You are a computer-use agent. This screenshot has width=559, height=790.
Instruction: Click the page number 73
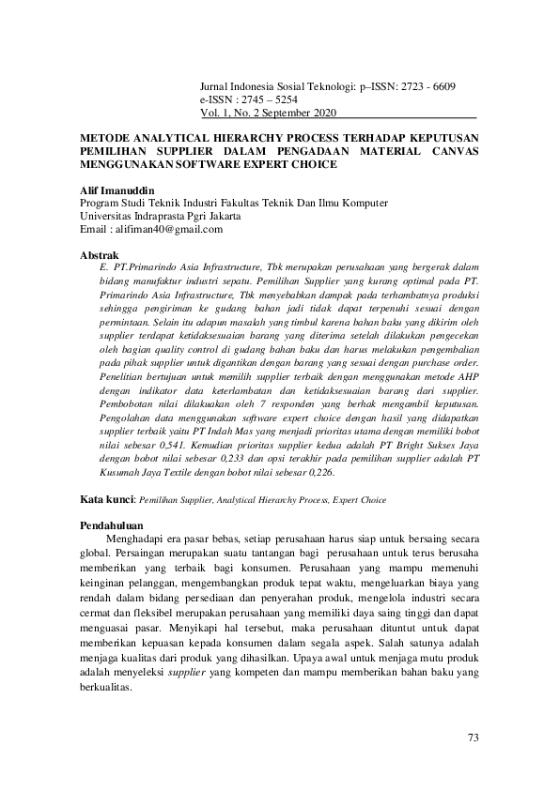pos(473,737)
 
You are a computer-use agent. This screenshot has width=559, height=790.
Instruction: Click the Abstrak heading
pos(99,254)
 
